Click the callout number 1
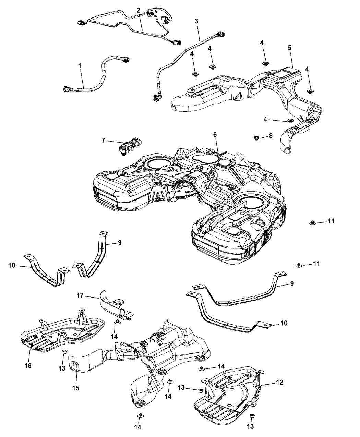point(80,65)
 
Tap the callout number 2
point(138,10)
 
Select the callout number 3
point(196,21)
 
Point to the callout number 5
point(290,48)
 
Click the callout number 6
point(215,135)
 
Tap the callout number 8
point(271,135)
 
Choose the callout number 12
point(280,382)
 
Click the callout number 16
point(28,366)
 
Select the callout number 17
point(80,295)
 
